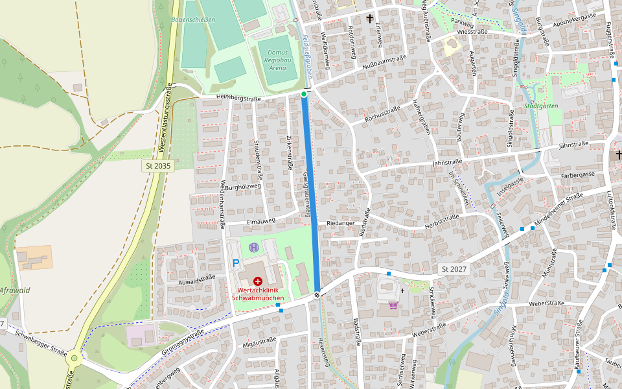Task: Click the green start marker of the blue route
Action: (x=304, y=95)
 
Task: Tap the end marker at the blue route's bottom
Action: (x=317, y=295)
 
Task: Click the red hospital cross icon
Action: (x=258, y=281)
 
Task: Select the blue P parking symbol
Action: (x=236, y=263)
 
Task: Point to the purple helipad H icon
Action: (x=254, y=247)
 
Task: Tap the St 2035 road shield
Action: (x=159, y=166)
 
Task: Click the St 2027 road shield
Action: (x=454, y=268)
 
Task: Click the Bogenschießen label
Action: (x=193, y=20)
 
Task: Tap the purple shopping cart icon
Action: (x=393, y=305)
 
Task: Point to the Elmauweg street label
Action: (x=261, y=220)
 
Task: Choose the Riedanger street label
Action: (x=341, y=223)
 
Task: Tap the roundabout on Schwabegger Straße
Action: (x=74, y=357)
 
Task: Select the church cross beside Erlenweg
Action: (x=370, y=19)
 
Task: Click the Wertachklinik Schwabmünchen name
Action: (x=258, y=294)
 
